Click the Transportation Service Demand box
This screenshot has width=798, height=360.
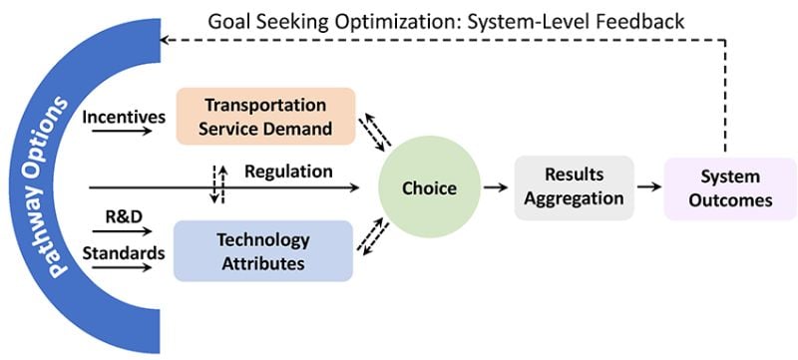[x=265, y=115]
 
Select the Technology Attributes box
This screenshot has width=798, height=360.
[x=263, y=250]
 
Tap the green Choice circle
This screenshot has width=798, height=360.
[x=429, y=186]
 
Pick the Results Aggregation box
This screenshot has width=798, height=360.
[x=574, y=186]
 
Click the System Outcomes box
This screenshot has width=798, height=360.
[x=729, y=187]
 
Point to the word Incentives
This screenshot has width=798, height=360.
[x=123, y=117]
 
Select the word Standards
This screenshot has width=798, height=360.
[x=123, y=252]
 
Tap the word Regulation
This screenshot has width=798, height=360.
[x=288, y=172]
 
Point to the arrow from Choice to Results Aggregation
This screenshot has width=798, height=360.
[x=494, y=186]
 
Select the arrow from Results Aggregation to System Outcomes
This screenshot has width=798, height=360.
[x=648, y=186]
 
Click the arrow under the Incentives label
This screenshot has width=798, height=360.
[x=125, y=131]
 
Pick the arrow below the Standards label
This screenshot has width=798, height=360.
[x=125, y=267]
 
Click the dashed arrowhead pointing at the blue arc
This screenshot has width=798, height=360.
[x=168, y=40]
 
